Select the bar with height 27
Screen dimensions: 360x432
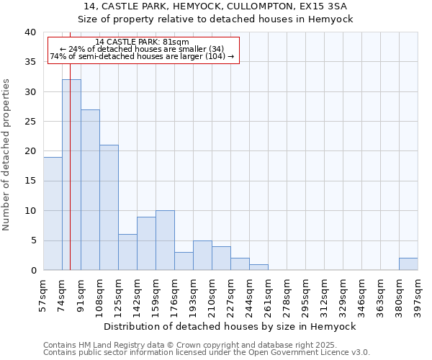90,190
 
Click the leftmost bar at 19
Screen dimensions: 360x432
53,214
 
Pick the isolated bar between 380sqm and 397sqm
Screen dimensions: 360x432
408,264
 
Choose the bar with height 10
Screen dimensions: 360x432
165,240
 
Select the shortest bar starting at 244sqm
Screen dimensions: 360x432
258,267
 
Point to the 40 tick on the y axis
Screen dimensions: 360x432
30,32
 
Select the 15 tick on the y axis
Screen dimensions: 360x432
30,181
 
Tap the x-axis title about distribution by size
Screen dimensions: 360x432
230,326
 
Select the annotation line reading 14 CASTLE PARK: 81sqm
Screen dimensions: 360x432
142,42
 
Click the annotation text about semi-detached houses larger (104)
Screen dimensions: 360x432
142,57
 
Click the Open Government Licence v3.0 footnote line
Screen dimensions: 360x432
207,353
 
